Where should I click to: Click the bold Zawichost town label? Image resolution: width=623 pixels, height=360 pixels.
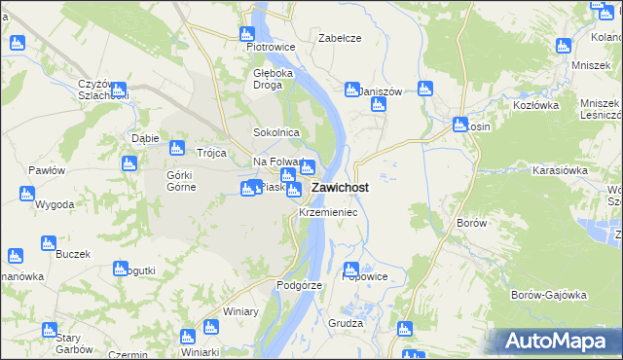(x=340, y=188)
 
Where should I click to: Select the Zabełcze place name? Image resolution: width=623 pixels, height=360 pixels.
(x=341, y=38)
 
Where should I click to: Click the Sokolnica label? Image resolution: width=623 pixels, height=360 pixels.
(x=275, y=132)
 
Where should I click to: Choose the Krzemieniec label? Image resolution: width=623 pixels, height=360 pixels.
(x=328, y=211)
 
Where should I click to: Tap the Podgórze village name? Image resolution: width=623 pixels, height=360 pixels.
(x=299, y=285)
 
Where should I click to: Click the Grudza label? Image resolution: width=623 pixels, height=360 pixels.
(x=346, y=323)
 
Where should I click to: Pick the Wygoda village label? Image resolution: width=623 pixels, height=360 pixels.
(x=55, y=205)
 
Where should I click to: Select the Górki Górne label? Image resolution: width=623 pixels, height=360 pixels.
(x=182, y=181)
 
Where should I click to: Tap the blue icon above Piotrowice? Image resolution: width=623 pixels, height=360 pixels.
(x=248, y=33)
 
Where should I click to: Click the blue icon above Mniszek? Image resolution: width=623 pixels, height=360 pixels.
(x=563, y=45)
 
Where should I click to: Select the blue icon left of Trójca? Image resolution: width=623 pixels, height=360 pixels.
(x=176, y=148)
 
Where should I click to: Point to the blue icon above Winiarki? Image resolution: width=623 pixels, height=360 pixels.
(x=188, y=337)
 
